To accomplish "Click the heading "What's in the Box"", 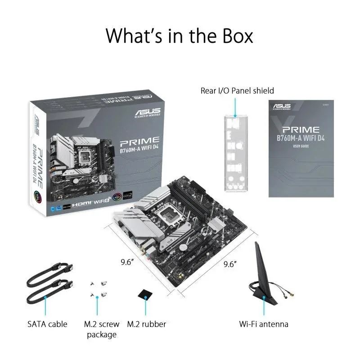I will pyautogui.click(x=180, y=35).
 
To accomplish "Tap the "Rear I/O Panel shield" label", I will pyautogui.click(x=237, y=91).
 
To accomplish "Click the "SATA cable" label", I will pyautogui.click(x=47, y=324).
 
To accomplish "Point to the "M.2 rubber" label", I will pyautogui.click(x=146, y=324).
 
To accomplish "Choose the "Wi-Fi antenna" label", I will pyautogui.click(x=263, y=324).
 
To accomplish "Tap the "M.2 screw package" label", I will pyautogui.click(x=102, y=329).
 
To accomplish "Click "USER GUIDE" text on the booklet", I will pyautogui.click(x=301, y=147).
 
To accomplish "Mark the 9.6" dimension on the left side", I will pyautogui.click(x=127, y=263).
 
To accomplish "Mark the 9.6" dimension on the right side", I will pyautogui.click(x=231, y=265).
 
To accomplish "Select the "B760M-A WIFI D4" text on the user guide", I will pyautogui.click(x=301, y=138).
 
